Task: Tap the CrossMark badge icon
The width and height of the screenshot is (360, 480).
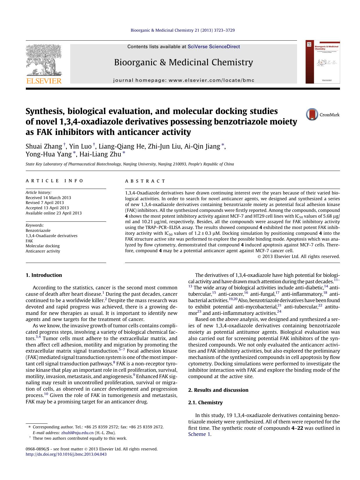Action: [x=312, y=115]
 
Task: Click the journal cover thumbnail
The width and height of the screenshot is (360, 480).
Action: [x=323, y=62]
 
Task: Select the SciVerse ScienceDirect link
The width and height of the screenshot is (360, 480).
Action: [x=214, y=46]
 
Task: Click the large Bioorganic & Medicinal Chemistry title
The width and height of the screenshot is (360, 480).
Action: [x=183, y=62]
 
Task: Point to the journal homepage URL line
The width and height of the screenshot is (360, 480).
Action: [x=184, y=80]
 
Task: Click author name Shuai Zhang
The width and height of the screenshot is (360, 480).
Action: [x=44, y=146]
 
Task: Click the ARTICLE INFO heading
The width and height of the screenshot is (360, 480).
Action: [x=55, y=181]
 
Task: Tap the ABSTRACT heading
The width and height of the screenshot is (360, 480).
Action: [x=145, y=181]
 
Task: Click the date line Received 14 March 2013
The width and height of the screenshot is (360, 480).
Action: [x=48, y=198]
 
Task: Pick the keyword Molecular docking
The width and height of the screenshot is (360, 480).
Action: [x=42, y=246]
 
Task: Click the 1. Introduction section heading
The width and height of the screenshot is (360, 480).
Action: [x=44, y=275]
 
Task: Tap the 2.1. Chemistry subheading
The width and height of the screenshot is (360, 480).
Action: [x=205, y=403]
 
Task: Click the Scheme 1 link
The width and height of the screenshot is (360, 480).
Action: [x=199, y=434]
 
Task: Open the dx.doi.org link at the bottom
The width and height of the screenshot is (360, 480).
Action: [x=66, y=454]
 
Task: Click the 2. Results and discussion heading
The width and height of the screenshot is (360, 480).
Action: [x=218, y=390]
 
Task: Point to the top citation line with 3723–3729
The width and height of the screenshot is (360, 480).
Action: [x=183, y=30]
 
